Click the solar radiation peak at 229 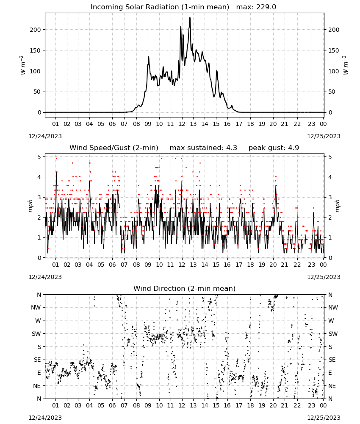click(190, 17)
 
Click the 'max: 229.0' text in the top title click(256, 7)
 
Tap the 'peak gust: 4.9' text click(274, 148)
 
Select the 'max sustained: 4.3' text click(203, 148)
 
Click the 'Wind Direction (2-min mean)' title click(185, 288)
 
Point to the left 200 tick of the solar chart click(35, 30)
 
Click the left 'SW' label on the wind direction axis click(36, 334)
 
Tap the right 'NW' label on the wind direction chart click(333, 308)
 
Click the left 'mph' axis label click(30, 206)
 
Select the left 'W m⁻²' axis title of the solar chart click(23, 65)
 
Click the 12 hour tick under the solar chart click(182, 124)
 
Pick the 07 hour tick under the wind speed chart click(124, 265)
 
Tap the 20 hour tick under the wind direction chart click(273, 405)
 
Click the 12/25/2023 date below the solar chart click(324, 136)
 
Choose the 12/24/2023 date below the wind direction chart click(45, 418)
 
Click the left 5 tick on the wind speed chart click(39, 157)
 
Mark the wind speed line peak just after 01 click(56, 172)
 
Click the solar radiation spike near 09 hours click(149, 57)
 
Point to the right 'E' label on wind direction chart click(330, 373)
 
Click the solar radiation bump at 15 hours click(216, 71)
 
